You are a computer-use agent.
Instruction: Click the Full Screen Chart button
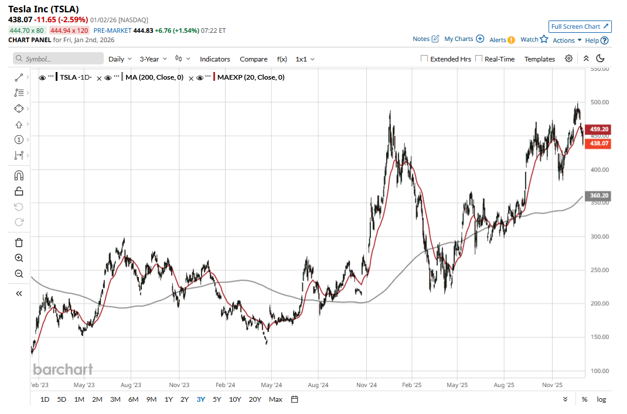pos(580,26)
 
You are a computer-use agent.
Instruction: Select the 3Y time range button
pos(201,399)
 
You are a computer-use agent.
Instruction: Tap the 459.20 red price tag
pos(598,129)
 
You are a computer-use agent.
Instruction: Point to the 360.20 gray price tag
pos(598,196)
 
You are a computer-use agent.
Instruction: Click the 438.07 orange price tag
pos(598,143)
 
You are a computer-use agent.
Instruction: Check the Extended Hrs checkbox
pos(424,59)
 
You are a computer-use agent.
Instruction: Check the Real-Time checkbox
pos(479,59)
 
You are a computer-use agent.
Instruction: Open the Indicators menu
pos(214,59)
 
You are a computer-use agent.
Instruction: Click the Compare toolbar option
pos(253,59)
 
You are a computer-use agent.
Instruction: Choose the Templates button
pos(539,59)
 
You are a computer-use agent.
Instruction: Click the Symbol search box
pos(58,59)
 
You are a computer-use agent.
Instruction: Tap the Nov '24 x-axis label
pos(366,385)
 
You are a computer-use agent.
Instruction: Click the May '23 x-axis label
pos(84,385)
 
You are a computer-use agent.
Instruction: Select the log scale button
pos(601,399)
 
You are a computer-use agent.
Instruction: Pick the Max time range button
pos(275,399)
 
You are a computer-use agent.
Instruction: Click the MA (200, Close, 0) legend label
pos(154,77)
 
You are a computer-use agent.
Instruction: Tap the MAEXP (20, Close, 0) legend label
pos(251,77)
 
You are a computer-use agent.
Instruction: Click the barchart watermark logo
pos(63,369)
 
